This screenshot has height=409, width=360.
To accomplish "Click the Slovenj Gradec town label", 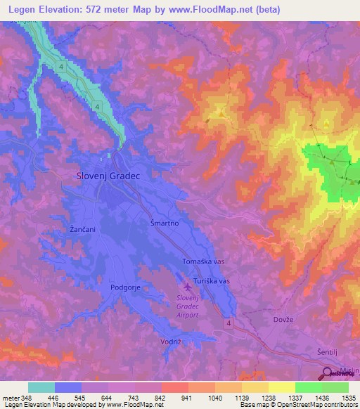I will pos(109,177).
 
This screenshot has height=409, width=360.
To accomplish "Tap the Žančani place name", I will pos(82,230).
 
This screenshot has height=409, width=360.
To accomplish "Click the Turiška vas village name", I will pos(211,280).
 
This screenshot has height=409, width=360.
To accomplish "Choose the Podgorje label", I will pos(127,287).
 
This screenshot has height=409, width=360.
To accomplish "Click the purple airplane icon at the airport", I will pos(187,287).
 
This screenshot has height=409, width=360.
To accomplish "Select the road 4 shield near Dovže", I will pos(230,322).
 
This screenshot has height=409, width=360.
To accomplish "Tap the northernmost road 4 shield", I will pos(62,67).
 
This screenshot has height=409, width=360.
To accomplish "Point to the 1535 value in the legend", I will pos(348,398).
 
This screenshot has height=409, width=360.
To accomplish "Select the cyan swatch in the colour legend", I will pos(41,387).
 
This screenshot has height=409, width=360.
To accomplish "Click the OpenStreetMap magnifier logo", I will pos(328,375).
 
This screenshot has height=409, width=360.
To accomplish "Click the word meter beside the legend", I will pos(11,398).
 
